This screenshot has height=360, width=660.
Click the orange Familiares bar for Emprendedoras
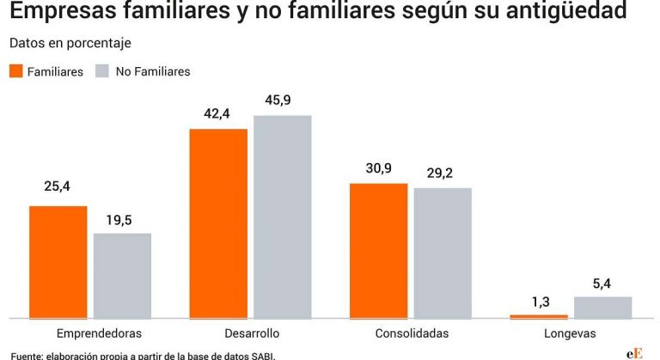click(x=58, y=262)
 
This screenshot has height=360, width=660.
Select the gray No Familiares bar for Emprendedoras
click(x=122, y=276)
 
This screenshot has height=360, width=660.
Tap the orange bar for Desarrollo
click(x=218, y=223)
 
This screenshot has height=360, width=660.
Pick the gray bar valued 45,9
click(x=282, y=217)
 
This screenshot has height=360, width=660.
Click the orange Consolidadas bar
click(x=379, y=250)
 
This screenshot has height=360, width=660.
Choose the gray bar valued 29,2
click(x=443, y=253)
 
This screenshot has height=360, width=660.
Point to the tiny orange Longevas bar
click(x=539, y=316)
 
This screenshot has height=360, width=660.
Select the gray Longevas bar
click(x=602, y=308)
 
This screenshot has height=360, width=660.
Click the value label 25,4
click(x=58, y=186)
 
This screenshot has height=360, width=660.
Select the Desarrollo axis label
click(x=251, y=333)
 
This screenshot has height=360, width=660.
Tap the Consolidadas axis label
click(x=412, y=333)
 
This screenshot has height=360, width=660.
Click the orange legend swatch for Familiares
click(x=15, y=71)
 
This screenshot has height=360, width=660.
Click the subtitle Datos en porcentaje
click(x=70, y=43)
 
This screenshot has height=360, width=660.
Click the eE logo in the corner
click(x=633, y=353)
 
